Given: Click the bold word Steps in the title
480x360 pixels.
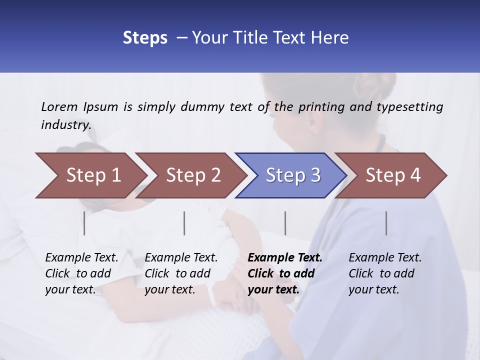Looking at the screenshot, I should pyautogui.click(x=145, y=38).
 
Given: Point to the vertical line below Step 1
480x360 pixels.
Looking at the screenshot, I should pyautogui.click(x=84, y=223).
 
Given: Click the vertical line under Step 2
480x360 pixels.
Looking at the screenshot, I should pyautogui.click(x=184, y=223).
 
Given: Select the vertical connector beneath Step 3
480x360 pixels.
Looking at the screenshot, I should pyautogui.click(x=285, y=223).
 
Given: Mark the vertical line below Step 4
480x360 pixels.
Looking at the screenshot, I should pyautogui.click(x=386, y=223).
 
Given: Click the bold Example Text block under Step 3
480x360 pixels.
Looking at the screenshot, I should pyautogui.click(x=285, y=273).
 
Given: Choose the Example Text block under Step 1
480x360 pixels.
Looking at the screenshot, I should pyautogui.click(x=81, y=273).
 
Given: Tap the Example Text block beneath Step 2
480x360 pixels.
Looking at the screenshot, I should pyautogui.click(x=181, y=273).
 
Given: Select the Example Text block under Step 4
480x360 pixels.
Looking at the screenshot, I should pyautogui.click(x=385, y=273).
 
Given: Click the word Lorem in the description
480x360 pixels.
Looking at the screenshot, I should pyautogui.click(x=59, y=107).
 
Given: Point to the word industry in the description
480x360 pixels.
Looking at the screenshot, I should pyautogui.click(x=66, y=125).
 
